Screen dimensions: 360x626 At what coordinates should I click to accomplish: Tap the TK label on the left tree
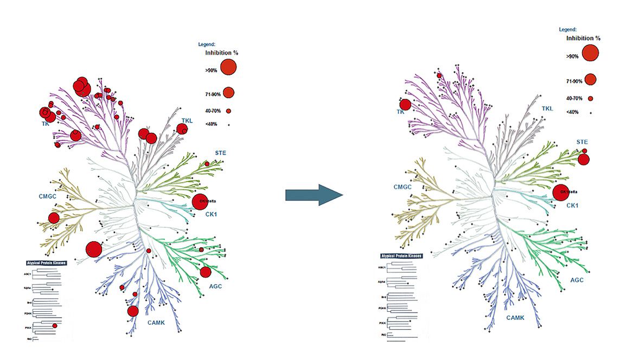pos(45,124)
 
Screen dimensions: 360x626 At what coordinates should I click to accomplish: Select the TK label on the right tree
pos(401,112)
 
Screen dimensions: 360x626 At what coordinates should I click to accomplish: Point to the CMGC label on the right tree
pos(403,187)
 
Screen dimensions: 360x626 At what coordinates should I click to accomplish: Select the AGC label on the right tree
pos(577,280)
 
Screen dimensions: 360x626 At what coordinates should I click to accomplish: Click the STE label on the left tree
pos(220,153)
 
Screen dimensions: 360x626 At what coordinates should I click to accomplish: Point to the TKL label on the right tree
pos(547,109)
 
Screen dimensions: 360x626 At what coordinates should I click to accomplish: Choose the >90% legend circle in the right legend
pos(590,53)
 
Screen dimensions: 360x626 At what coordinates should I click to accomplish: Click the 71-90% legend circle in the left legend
pos(228,92)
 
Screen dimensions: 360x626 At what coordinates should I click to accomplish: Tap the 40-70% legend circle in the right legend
pos(590,99)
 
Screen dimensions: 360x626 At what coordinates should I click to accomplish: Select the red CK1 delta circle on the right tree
pos(561,192)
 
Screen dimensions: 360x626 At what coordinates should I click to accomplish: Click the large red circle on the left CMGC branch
pos(54,218)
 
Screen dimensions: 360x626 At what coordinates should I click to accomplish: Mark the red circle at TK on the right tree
pos(405,105)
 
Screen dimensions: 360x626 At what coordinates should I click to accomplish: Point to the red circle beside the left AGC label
pos(206,272)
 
